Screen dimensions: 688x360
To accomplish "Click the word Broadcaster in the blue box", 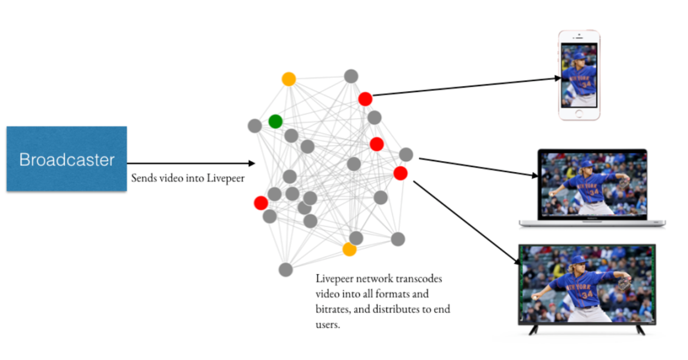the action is click(x=67, y=159).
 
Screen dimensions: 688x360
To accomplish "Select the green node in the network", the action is click(x=275, y=121).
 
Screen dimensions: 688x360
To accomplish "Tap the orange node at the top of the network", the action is click(x=288, y=79).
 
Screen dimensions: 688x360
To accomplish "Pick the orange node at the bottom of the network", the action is click(x=349, y=249).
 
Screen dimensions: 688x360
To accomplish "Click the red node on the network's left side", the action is click(x=261, y=203).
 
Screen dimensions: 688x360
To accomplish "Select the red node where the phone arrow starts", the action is click(x=365, y=99).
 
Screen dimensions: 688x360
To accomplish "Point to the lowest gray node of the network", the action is click(x=285, y=269).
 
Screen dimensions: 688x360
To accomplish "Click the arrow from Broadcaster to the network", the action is click(x=191, y=164).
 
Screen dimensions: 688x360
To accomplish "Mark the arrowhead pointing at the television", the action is click(x=518, y=261).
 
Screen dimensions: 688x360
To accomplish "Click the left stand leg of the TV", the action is click(x=533, y=330).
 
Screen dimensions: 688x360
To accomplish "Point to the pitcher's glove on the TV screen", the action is click(x=625, y=283).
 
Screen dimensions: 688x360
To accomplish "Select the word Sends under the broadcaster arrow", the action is click(x=142, y=178).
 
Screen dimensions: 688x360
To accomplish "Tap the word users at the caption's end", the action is click(x=328, y=325).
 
